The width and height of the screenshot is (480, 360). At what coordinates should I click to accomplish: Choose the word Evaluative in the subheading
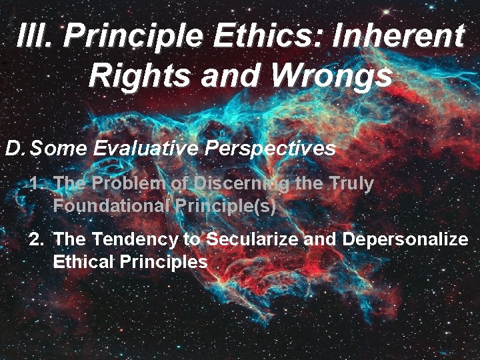click(145, 148)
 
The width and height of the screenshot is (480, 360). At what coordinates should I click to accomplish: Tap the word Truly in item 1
click(351, 183)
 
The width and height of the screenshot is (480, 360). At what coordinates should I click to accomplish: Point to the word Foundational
click(111, 205)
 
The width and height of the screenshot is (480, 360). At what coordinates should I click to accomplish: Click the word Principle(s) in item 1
click(226, 205)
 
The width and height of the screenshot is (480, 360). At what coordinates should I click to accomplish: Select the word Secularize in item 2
click(253, 239)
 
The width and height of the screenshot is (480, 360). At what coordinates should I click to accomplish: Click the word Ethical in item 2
click(83, 261)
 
